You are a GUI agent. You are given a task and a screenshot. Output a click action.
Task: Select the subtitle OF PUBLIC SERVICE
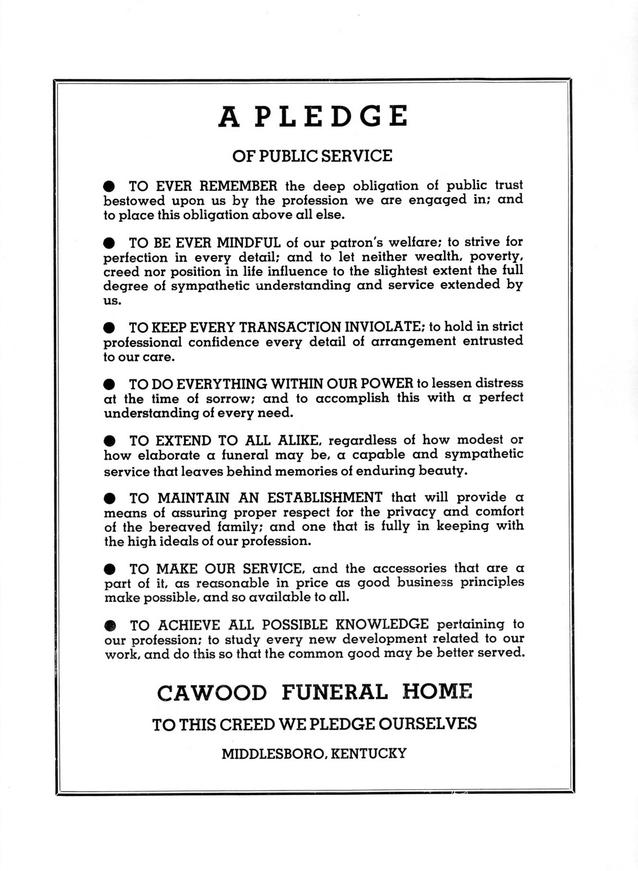click(312, 156)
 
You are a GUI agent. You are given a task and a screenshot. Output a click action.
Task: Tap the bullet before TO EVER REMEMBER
click(110, 186)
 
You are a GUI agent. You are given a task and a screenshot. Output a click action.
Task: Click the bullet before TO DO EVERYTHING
click(110, 385)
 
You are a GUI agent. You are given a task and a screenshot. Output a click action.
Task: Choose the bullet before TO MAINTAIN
click(110, 498)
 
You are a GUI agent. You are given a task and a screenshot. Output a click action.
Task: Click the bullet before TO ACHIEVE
click(110, 625)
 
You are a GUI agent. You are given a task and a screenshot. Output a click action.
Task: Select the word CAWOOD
click(212, 693)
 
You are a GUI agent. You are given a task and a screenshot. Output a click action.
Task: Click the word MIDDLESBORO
click(273, 753)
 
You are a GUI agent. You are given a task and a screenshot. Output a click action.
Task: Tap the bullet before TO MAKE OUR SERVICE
click(110, 569)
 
